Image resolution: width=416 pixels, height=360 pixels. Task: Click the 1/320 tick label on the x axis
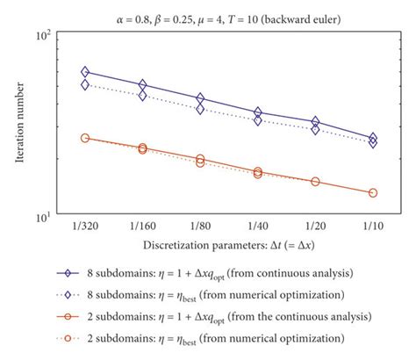[85, 225]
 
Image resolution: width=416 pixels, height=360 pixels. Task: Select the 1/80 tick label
[200, 225]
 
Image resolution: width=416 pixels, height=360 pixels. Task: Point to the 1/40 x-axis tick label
[257, 225]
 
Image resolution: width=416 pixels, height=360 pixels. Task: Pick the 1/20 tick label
[315, 225]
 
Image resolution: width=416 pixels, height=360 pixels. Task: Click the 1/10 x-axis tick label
[372, 225]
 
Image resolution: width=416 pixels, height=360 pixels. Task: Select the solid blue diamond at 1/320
[85, 72]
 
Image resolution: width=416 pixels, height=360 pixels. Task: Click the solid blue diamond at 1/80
[200, 99]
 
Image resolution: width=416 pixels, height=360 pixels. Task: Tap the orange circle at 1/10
[372, 192]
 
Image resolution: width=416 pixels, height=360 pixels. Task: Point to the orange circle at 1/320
[85, 138]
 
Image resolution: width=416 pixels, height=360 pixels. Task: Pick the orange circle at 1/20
[315, 182]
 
